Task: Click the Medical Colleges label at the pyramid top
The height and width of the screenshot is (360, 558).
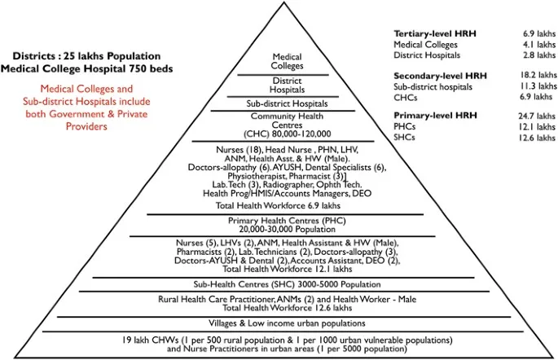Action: click(x=288, y=63)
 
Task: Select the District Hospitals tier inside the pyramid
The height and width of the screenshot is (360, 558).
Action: click(x=288, y=86)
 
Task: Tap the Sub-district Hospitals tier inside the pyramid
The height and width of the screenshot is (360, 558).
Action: click(x=288, y=104)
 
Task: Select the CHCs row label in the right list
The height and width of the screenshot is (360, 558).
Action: click(x=406, y=97)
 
